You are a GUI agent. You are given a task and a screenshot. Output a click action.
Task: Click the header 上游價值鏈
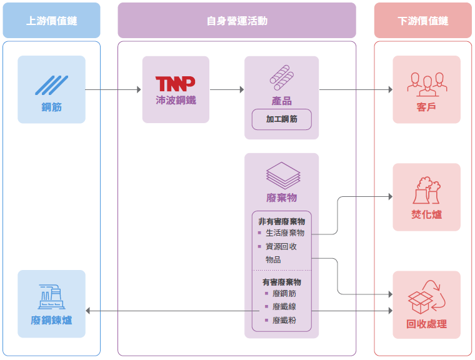tap(51, 21)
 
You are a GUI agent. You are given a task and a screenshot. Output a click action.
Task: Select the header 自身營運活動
tap(237, 21)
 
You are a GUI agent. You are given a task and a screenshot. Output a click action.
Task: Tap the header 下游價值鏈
tap(423, 21)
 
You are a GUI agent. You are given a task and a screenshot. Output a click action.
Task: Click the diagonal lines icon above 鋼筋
tap(51, 84)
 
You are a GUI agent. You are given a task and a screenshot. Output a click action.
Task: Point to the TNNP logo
tap(175, 83)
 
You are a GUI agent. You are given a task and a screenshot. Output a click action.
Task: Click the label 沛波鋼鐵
tap(176, 100)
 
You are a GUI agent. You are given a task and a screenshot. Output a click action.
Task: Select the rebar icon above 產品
tap(281, 77)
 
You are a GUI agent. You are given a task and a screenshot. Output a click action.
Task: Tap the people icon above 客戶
tap(426, 82)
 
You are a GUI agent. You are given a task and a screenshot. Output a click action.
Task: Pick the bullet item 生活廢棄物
tap(284, 232)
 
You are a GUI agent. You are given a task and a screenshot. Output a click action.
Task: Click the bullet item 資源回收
tap(281, 246)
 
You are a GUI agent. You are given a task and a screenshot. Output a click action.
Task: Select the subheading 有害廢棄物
tap(281, 282)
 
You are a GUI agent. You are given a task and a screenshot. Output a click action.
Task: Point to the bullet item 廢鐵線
tap(284, 306)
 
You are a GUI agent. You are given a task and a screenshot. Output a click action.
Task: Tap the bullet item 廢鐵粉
tap(284, 320)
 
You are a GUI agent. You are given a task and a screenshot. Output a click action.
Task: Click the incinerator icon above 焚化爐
tap(426, 190)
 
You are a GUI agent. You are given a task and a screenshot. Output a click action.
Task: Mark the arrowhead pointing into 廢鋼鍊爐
tap(88, 311)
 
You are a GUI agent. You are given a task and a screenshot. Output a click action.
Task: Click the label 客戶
tap(426, 107)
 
